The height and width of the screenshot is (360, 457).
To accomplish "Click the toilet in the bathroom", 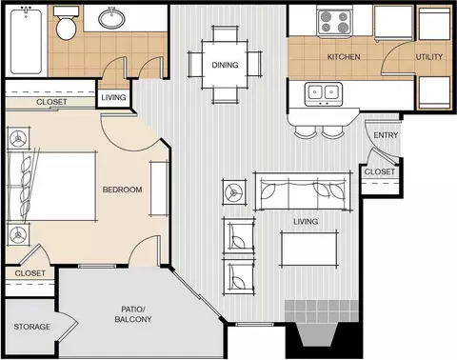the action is point(66,24).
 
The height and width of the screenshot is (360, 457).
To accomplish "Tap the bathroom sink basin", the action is point(111,18).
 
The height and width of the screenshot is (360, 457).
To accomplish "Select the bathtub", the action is point(26,41).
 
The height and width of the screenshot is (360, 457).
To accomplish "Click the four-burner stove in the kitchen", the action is point(334,22).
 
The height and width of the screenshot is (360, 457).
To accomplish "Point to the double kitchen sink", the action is point(324,94).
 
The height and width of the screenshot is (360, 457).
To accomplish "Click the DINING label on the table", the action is point(225,65).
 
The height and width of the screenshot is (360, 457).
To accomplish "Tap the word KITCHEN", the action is point(344,57).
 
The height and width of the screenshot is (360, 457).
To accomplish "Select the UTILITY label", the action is point(429,57).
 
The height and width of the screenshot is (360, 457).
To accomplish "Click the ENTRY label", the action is point(386,135).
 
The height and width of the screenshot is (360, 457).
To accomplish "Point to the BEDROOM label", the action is point(122,190).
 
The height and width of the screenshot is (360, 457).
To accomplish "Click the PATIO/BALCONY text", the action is point(133,314).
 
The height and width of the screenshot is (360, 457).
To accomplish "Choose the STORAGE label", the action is point(32,327).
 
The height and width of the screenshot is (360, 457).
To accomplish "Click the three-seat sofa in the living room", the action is point(303,191).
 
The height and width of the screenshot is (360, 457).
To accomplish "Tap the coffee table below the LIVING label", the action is point(308,250).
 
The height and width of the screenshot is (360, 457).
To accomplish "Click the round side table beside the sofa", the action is point(234,192).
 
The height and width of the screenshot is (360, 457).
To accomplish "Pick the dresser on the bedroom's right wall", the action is point(159,189).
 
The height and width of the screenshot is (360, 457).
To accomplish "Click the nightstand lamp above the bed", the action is point(18,139).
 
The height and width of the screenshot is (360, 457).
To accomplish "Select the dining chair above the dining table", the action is point(225,33).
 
